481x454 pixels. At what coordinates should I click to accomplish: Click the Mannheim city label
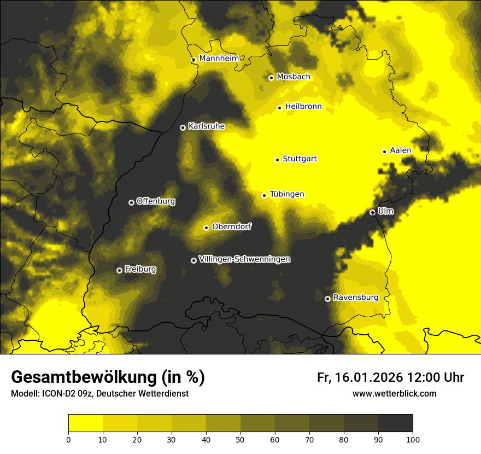click(219, 59)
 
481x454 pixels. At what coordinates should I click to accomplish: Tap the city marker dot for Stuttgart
click(277, 160)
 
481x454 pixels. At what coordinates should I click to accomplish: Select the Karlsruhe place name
click(206, 126)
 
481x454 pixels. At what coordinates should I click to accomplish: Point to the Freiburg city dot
click(119, 270)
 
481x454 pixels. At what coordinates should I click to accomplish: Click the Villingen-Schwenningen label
click(244, 259)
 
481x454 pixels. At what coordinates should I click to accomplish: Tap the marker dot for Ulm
click(372, 212)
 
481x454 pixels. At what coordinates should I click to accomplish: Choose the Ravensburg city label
click(355, 298)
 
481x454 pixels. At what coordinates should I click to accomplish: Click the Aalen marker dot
click(384, 152)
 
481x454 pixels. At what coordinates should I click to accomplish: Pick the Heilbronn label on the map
click(303, 107)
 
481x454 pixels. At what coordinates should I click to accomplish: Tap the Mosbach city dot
click(271, 78)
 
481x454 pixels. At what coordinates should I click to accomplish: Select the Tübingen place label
click(286, 194)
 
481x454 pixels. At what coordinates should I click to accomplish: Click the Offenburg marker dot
click(131, 202)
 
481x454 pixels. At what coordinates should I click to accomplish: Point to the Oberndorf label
click(232, 226)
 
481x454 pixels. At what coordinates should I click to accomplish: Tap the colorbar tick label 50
click(241, 439)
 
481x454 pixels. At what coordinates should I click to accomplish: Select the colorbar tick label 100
click(413, 439)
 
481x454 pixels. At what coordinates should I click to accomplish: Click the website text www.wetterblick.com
click(394, 393)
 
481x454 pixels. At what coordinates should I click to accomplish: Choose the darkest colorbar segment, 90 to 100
click(395, 423)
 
